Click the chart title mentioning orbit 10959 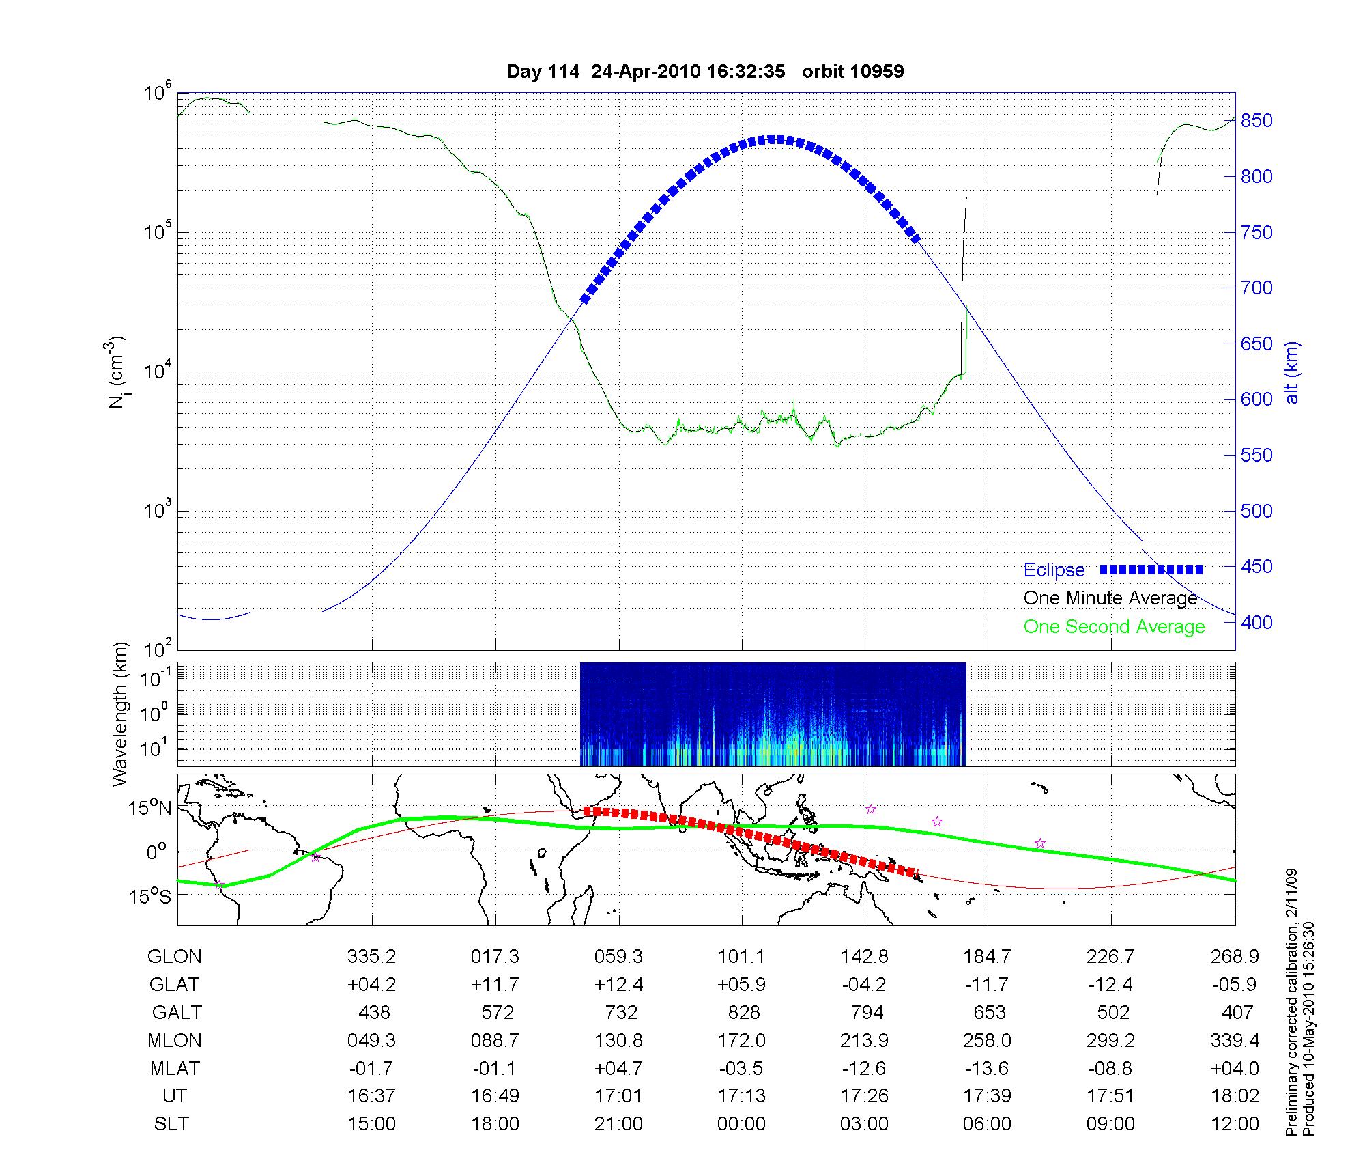click(x=705, y=72)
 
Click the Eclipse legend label click(x=1054, y=570)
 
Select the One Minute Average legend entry click(x=1110, y=598)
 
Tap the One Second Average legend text click(x=1114, y=627)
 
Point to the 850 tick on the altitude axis click(x=1256, y=121)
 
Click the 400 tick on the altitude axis click(x=1256, y=622)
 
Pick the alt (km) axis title click(x=1292, y=373)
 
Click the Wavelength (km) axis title click(x=120, y=714)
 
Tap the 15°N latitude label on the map click(x=149, y=809)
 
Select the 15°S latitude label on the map click(x=149, y=896)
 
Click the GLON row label click(x=174, y=957)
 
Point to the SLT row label click(x=171, y=1124)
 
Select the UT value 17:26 click(x=864, y=1096)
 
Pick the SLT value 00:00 click(x=741, y=1124)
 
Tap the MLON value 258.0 click(x=987, y=1041)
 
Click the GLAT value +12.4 click(x=618, y=985)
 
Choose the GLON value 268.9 click(x=1235, y=957)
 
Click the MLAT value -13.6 click(x=987, y=1069)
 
